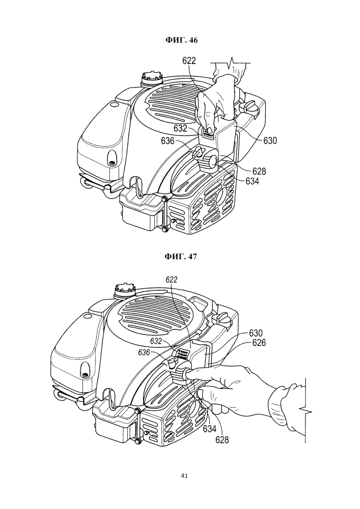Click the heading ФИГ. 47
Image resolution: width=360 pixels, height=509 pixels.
pos(180,256)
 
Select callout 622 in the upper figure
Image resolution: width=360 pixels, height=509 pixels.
pos(189,61)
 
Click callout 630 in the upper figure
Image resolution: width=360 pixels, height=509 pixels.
pos(270,141)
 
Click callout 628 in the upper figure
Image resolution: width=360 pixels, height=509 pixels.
pos(259,171)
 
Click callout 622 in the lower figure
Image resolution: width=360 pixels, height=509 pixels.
pos(172,279)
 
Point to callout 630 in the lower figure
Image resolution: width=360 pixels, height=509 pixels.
pos(256,333)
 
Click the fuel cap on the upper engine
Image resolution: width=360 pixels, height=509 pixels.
pos(151,78)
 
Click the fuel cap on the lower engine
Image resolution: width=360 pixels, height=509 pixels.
pos(125,289)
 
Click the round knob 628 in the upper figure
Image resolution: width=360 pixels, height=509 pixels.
pos(211,161)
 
